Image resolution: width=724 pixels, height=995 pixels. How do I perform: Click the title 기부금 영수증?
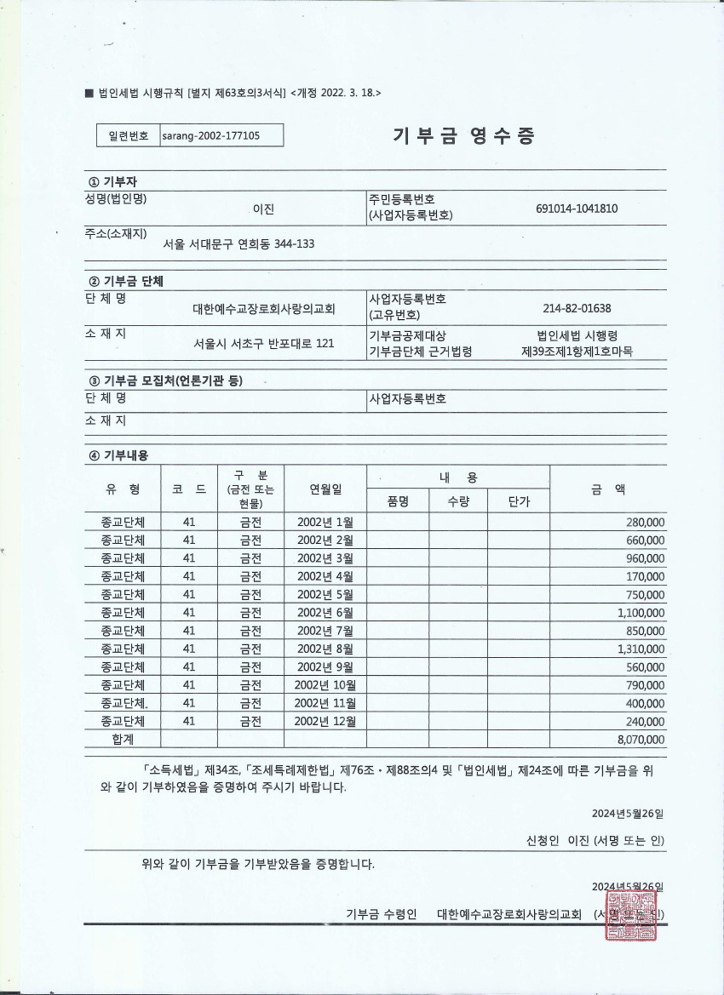click(463, 136)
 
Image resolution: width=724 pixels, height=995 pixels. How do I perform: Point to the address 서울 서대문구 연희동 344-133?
click(238, 243)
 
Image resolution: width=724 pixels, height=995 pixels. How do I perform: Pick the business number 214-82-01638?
click(577, 308)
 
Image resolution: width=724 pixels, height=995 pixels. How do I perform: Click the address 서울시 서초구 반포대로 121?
click(264, 343)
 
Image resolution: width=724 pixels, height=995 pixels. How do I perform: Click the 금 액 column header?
click(607, 489)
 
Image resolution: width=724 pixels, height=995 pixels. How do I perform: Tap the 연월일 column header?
click(325, 489)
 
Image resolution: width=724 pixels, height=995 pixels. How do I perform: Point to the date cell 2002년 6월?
click(325, 613)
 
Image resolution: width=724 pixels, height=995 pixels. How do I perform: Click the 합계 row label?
click(123, 740)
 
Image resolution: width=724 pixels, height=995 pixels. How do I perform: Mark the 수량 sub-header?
click(458, 501)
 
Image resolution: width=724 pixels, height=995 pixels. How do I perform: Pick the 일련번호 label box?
click(128, 135)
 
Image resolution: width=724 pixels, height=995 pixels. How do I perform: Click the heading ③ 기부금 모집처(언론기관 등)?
click(165, 380)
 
